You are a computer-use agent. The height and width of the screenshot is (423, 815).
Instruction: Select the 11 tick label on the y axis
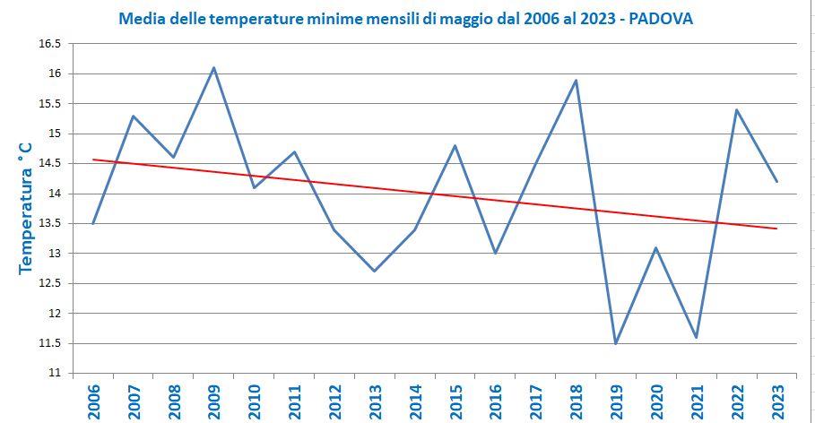coord(56,373)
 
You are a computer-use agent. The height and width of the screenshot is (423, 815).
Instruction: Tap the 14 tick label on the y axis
coord(56,194)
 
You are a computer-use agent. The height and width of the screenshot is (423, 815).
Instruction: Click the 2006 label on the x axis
coord(93,398)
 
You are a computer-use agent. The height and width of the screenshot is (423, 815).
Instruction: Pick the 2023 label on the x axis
coord(777,398)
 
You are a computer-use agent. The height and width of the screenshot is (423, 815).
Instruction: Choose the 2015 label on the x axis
coord(455,398)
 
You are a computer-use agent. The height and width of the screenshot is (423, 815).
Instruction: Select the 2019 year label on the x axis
coord(617,398)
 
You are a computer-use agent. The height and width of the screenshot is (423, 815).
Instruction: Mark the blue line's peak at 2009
coord(213,67)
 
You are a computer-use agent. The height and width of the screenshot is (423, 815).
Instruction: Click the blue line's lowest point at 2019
coord(616,343)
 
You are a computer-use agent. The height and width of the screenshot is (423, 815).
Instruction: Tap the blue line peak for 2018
coord(576,80)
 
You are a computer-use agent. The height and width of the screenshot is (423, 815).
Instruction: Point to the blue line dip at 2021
coord(697,337)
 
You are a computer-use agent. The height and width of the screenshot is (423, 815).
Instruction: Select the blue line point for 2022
coord(737,109)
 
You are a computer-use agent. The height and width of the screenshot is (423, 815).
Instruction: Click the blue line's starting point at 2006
coord(93,223)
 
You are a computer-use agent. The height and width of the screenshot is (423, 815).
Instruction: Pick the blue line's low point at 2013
coord(374,271)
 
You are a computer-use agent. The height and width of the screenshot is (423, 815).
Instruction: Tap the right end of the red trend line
coord(776,229)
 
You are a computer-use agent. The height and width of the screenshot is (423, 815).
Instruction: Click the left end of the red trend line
coord(93,160)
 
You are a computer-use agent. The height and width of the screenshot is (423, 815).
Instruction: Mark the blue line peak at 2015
coord(455,145)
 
